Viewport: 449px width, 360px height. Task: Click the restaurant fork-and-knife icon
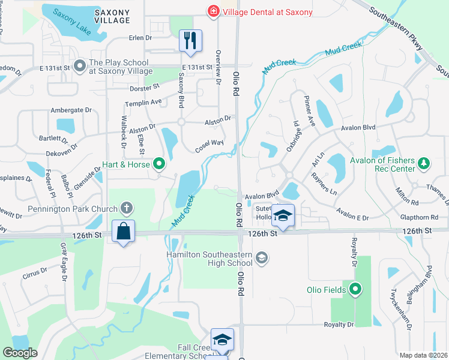(190, 40)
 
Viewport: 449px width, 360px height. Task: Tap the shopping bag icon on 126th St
(123, 231)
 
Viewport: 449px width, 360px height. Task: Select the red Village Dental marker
(212, 11)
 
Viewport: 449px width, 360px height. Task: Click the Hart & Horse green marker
(159, 163)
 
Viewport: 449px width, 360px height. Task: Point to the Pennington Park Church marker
(126, 208)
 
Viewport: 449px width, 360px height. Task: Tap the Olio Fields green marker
(355, 290)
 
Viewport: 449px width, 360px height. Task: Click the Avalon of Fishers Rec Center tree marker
(424, 163)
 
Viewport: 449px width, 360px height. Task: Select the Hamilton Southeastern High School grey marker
(261, 257)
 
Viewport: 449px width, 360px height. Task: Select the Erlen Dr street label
(140, 38)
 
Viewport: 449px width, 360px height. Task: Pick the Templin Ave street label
(148, 102)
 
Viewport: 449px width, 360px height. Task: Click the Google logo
(20, 353)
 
